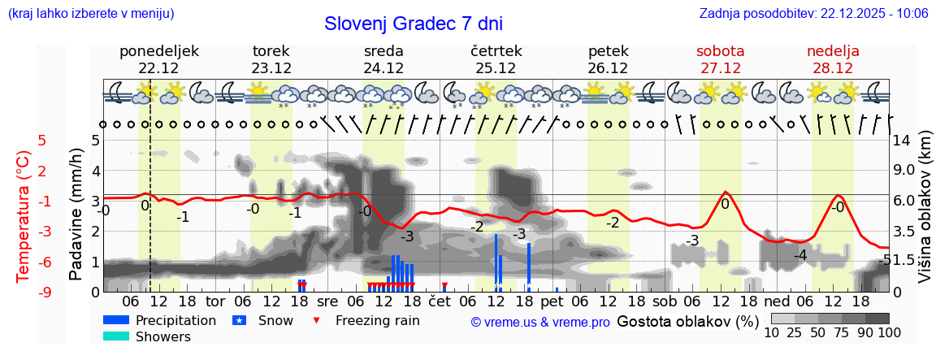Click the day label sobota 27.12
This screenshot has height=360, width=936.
click(x=720, y=59)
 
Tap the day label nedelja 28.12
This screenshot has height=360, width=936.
click(x=833, y=59)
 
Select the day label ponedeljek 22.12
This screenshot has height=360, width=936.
click(x=158, y=59)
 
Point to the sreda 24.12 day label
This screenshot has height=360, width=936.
click(x=383, y=59)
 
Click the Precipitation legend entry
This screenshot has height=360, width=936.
click(x=159, y=321)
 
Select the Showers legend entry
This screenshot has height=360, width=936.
click(x=146, y=337)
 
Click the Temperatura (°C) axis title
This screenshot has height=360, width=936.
click(x=23, y=216)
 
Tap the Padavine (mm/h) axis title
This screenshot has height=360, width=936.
click(x=76, y=215)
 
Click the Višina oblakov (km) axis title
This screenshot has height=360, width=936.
click(x=925, y=215)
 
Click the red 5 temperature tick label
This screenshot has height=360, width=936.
click(x=42, y=140)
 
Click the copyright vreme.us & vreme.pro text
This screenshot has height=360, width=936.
click(x=540, y=322)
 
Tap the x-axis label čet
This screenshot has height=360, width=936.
click(x=439, y=301)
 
